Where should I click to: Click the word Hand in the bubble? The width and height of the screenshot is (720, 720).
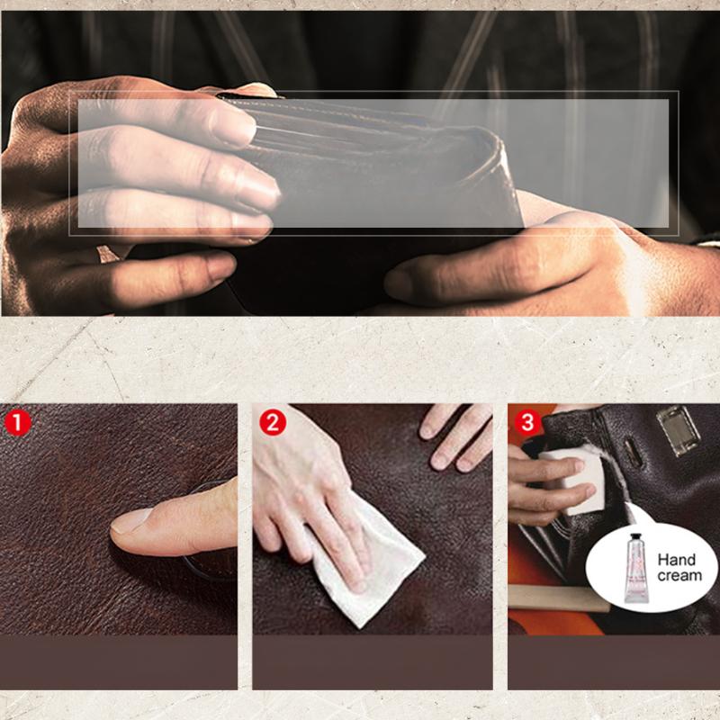676,560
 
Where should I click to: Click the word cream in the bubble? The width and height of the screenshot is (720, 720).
678,575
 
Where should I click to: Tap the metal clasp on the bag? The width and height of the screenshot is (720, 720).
678,431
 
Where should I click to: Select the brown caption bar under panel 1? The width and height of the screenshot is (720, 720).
119,661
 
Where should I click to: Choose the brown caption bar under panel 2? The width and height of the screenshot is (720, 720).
373,661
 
